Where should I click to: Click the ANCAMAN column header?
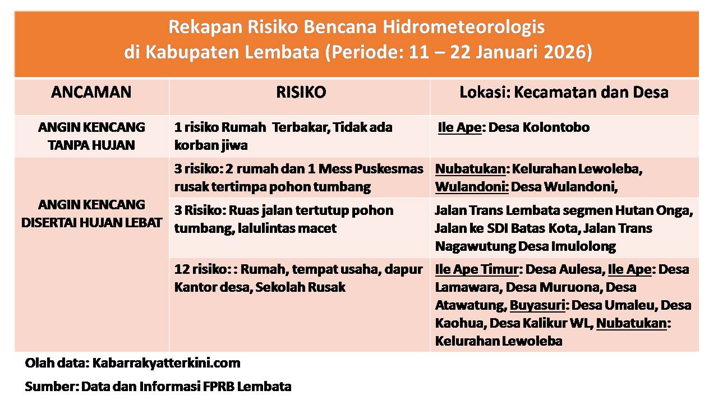(x=91, y=93)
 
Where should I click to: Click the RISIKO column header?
(x=301, y=93)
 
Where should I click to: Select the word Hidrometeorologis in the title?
(x=463, y=27)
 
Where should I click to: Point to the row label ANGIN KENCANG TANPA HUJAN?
(x=91, y=136)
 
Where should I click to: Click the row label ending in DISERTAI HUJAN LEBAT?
(x=91, y=214)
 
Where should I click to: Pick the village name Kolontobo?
(x=556, y=127)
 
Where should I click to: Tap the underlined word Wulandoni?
(x=472, y=187)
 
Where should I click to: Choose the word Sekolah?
(x=277, y=287)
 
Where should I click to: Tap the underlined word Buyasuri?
(x=537, y=306)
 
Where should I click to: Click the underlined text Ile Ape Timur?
(x=477, y=270)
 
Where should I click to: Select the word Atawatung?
(x=471, y=306)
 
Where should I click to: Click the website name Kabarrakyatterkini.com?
(x=167, y=363)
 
